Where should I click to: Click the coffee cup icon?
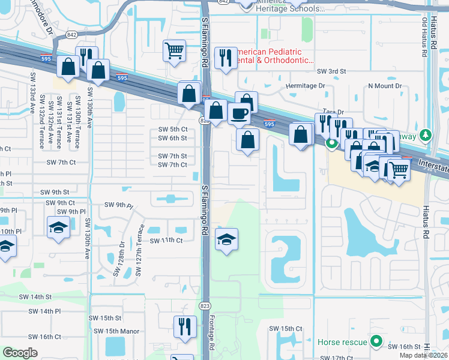pyautogui.click(x=240, y=113)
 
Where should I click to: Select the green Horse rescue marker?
pyautogui.click(x=376, y=342)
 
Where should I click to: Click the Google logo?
pyautogui.click(x=20, y=352)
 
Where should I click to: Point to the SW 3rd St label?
pyautogui.click(x=332, y=71)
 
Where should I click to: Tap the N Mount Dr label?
pyautogui.click(x=385, y=86)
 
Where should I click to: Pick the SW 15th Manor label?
pyautogui.click(x=116, y=331)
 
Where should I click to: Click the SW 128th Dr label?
pyautogui.click(x=118, y=259)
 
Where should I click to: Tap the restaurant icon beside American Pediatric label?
pyautogui.click(x=226, y=58)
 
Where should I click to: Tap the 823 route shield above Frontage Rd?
pyautogui.click(x=206, y=306)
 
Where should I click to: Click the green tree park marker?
pyautogui.click(x=426, y=135)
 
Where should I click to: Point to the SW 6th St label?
pyautogui.click(x=172, y=138)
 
